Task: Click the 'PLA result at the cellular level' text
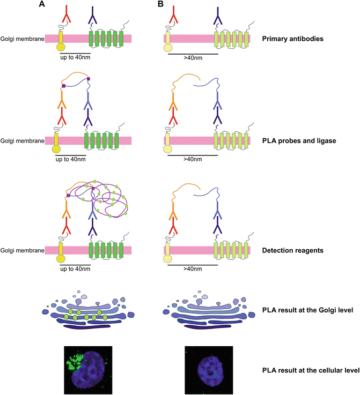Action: point(308,371)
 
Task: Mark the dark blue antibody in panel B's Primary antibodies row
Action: point(217,13)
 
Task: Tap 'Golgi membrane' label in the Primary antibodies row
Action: point(21,39)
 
